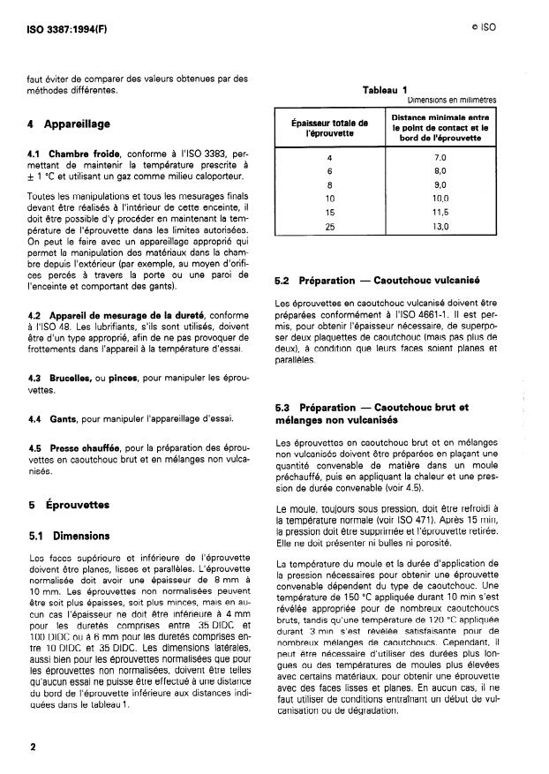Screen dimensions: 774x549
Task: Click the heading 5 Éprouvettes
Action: pos(68,505)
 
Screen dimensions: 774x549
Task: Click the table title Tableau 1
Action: pos(385,89)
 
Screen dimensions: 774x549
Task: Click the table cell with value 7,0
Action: pos(440,156)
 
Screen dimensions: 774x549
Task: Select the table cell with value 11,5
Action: pos(440,213)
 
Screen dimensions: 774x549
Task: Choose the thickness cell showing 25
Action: pos(329,227)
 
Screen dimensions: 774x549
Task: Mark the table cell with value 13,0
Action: pos(440,227)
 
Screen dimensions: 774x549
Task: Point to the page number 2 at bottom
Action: pos(32,747)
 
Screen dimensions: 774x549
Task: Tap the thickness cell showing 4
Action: pos(329,156)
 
